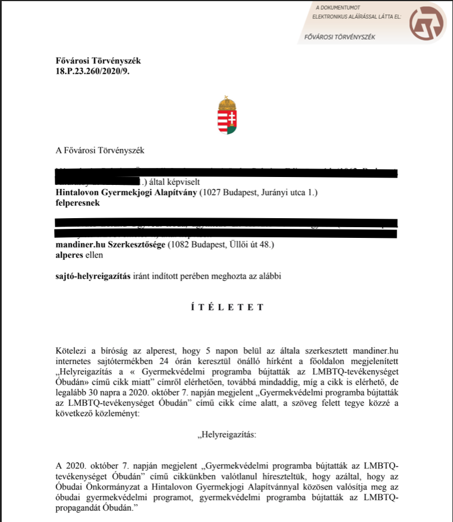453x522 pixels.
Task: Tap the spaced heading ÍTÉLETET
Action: pos(226,307)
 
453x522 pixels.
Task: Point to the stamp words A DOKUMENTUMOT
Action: pos(337,8)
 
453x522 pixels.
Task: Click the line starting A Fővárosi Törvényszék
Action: pos(100,151)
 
